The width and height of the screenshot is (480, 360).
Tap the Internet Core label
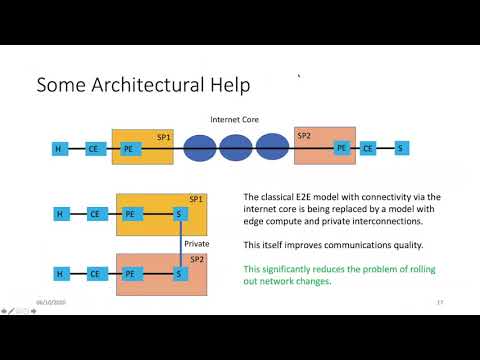pyautogui.click(x=234, y=119)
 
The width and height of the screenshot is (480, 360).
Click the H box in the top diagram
pyautogui.click(x=59, y=149)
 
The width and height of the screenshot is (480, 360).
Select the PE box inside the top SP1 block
pyautogui.click(x=128, y=149)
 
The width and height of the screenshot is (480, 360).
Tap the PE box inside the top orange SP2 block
pyautogui.click(x=342, y=148)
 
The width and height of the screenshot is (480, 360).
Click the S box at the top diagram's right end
pyautogui.click(x=401, y=149)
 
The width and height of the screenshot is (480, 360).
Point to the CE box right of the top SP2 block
pyautogui.click(x=368, y=149)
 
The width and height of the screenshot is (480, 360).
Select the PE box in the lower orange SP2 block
pyautogui.click(x=128, y=273)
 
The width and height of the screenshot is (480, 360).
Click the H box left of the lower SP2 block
pyautogui.click(x=59, y=273)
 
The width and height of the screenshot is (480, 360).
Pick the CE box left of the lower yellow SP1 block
pyautogui.click(x=94, y=214)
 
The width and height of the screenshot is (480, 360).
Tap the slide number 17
pyautogui.click(x=440, y=302)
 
